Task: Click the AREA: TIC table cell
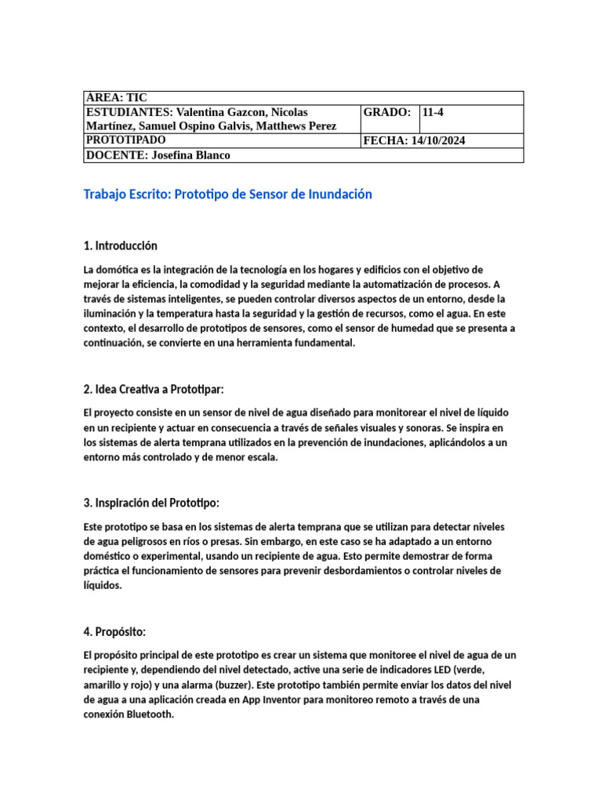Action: click(115, 98)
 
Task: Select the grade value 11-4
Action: click(433, 112)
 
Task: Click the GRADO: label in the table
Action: click(387, 112)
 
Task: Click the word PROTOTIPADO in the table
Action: click(125, 140)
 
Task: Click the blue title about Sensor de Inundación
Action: click(227, 194)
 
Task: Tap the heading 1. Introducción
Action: click(120, 245)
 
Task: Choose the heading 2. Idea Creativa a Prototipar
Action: click(154, 389)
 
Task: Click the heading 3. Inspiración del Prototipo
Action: click(151, 502)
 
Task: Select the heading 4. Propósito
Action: click(114, 631)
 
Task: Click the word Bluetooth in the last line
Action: click(146, 714)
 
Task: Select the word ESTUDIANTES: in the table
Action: click(129, 112)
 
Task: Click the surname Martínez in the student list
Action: click(109, 125)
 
